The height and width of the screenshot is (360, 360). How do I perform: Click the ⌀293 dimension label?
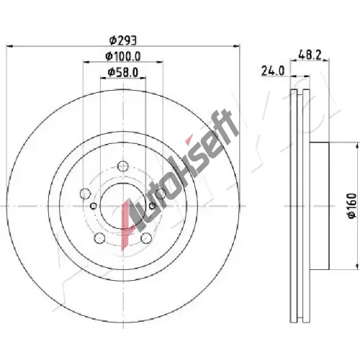coord(123,40)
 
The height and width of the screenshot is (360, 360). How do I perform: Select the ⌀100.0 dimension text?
coord(123,56)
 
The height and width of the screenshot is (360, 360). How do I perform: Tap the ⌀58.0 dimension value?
coord(123,72)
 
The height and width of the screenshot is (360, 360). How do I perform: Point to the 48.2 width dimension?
coord(310,55)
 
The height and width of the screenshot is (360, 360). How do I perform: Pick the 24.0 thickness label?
coord(273,71)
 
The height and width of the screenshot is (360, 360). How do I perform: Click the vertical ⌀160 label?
coord(351,206)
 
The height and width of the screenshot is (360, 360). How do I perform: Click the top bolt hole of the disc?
coord(123,166)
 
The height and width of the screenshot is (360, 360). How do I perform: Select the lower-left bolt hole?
coord(100,238)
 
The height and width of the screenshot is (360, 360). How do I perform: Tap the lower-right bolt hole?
coord(146,238)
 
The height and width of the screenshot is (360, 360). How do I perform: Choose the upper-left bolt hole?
coord(85,194)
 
